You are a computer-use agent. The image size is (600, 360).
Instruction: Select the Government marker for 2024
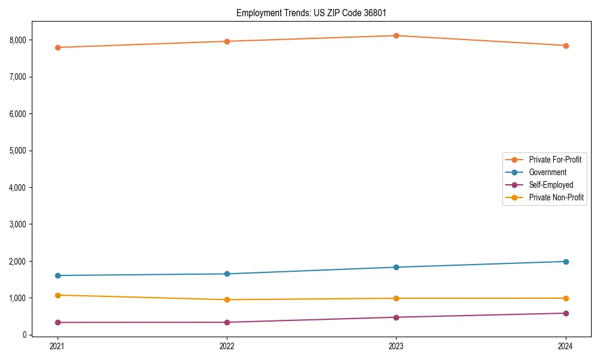566,262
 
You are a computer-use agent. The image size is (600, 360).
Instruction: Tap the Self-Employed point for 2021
58,322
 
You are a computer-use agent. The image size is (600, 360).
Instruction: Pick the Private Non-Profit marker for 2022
227,299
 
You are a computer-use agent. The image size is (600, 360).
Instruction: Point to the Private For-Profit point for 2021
58,47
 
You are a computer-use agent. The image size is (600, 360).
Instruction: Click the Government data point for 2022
227,274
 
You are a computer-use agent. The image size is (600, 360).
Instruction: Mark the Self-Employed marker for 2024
566,313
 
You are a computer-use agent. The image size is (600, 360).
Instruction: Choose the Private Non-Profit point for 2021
58,295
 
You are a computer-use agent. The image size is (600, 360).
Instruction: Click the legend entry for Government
547,172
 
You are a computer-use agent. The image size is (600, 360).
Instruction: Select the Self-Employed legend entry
551,185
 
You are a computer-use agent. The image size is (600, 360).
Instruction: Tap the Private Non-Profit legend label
556,197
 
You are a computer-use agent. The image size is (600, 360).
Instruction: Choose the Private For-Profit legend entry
554,160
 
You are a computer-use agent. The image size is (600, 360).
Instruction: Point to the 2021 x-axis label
58,346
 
